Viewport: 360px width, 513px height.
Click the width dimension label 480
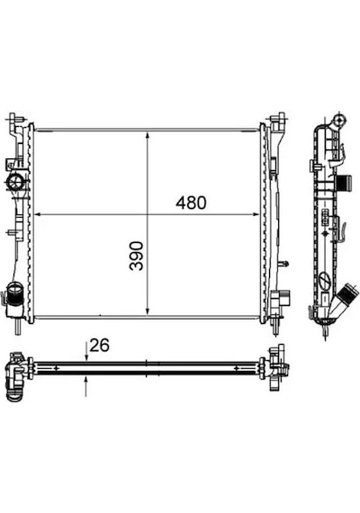pyautogui.click(x=191, y=202)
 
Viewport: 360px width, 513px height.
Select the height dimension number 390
pyautogui.click(x=137, y=256)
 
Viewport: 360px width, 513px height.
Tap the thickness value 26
pyautogui.click(x=100, y=346)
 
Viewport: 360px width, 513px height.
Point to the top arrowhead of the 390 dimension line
pyautogui.click(x=148, y=137)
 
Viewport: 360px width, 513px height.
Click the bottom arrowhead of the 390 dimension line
pyautogui.click(x=148, y=310)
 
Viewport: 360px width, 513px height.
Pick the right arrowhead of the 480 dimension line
pyautogui.click(x=255, y=214)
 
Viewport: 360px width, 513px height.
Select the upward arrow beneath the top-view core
pyautogui.click(x=86, y=386)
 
